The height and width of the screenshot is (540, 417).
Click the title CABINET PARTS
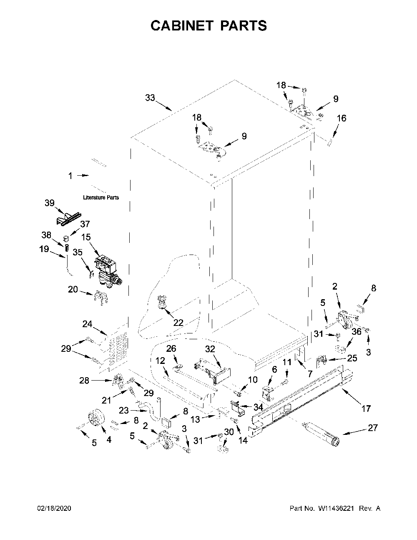pyautogui.click(x=208, y=25)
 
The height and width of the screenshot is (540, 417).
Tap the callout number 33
pyautogui.click(x=150, y=98)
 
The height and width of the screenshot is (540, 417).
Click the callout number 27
pyautogui.click(x=372, y=428)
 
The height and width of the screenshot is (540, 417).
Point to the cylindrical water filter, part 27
pyautogui.click(x=320, y=433)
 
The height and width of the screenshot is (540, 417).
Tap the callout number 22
pyautogui.click(x=178, y=323)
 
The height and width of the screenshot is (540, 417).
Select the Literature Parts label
pyautogui.click(x=101, y=197)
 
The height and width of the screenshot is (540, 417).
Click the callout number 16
pyautogui.click(x=342, y=118)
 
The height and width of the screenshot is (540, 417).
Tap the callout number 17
pyautogui.click(x=366, y=408)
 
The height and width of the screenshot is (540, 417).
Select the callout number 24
pyautogui.click(x=87, y=324)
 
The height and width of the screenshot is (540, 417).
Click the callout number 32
pyautogui.click(x=210, y=349)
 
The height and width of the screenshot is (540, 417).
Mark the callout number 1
pyautogui.click(x=70, y=176)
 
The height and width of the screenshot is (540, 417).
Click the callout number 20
pyautogui.click(x=73, y=289)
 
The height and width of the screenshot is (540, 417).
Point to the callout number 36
pyautogui.click(x=357, y=331)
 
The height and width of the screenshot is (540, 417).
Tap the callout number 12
pyautogui.click(x=161, y=361)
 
